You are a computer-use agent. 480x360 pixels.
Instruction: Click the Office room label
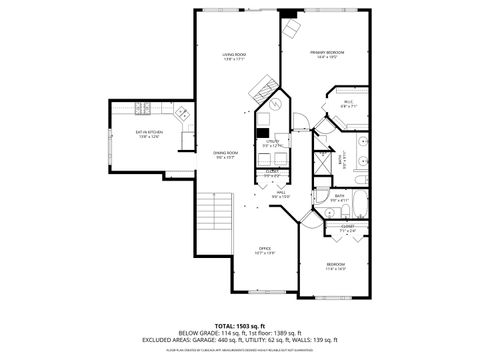[x=265, y=249]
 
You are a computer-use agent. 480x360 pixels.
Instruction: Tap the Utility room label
[x=273, y=142]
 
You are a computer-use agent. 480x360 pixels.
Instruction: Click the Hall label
[x=282, y=193]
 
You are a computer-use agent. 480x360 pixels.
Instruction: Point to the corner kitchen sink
[x=185, y=115]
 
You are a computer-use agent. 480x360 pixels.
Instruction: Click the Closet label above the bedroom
[x=347, y=227]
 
